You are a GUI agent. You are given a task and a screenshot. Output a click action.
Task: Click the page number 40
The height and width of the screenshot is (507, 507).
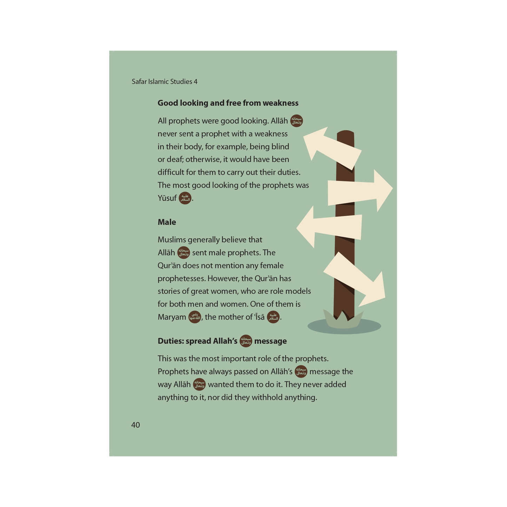[x=135, y=425]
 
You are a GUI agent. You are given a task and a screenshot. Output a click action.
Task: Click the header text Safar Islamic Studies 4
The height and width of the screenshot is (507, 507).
[x=165, y=81]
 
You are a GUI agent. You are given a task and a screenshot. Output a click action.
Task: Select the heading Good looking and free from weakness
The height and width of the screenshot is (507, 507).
[x=228, y=103]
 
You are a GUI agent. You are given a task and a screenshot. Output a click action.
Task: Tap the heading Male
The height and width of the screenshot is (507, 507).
[x=167, y=222]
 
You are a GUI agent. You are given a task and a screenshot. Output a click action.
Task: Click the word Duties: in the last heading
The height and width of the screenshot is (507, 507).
[x=171, y=341]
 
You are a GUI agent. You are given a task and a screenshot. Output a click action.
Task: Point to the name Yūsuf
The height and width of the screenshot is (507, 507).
[x=167, y=198]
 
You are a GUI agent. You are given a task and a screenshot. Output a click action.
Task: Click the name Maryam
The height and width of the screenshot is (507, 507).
[x=172, y=317]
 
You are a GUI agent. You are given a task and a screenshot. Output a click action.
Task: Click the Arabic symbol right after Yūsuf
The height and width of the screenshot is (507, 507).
[x=185, y=198]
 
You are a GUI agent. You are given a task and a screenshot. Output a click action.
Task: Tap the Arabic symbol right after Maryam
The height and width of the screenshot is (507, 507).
[x=195, y=317]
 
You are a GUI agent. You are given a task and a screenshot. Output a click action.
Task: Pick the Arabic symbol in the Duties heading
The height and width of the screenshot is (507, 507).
[x=246, y=341]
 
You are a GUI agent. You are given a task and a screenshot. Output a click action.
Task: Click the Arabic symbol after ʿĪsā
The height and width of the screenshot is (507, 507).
[x=273, y=317]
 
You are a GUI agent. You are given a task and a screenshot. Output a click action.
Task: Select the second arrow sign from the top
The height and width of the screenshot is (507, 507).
[x=360, y=191]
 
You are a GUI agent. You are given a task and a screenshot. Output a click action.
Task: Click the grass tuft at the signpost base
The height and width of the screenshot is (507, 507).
[x=343, y=320]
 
